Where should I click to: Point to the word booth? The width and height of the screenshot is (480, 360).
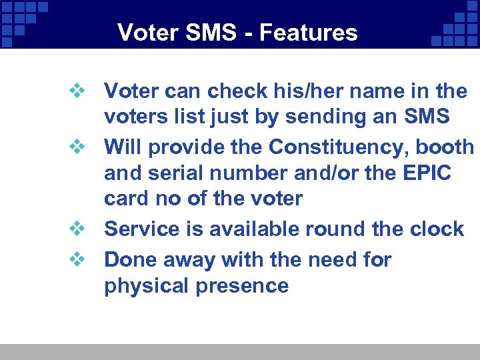coord(444,146)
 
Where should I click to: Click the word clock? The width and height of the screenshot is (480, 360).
coord(437,229)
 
